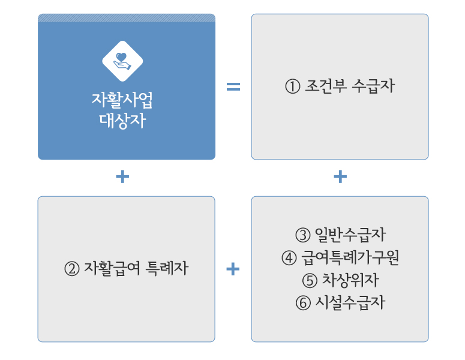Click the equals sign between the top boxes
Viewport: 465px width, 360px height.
[x=233, y=86]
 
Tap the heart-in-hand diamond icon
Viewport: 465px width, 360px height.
[x=122, y=61]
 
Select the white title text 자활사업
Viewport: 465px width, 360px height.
[x=122, y=100]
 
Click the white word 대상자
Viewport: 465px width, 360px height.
[x=122, y=121]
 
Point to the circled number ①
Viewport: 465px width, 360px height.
[x=293, y=86]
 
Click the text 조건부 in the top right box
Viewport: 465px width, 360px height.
[x=326, y=86]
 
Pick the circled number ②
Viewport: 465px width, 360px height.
[x=72, y=269]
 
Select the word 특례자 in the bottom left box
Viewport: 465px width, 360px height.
[x=167, y=268]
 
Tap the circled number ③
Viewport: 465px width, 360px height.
[x=303, y=235]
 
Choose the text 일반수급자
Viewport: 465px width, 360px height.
[x=350, y=235]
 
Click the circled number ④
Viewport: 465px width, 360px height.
[x=289, y=257]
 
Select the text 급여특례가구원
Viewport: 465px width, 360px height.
[x=350, y=257]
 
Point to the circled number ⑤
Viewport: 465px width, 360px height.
[x=310, y=281]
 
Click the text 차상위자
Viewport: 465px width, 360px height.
[x=350, y=280]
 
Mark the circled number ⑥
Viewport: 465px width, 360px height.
[x=303, y=303]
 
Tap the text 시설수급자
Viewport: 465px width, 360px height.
[x=350, y=302]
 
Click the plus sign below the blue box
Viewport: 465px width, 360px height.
[x=122, y=177]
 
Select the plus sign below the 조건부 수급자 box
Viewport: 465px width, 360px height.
[x=340, y=177]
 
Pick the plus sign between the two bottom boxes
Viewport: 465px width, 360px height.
[x=233, y=269]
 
